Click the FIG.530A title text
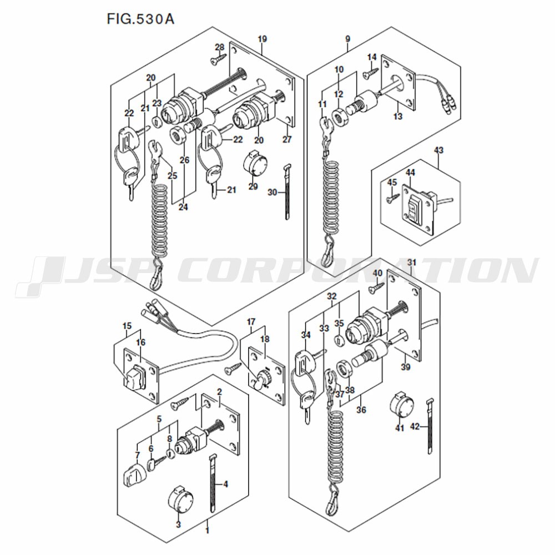tap(140, 19)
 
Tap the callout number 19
tap(263, 39)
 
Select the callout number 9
tap(347, 39)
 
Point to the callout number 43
tap(438, 150)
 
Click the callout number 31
tap(412, 263)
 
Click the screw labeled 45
tap(392, 196)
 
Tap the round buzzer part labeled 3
tap(180, 500)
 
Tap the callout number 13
tap(398, 116)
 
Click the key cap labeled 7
tap(133, 475)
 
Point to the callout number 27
tap(287, 139)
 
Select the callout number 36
tap(361, 410)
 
